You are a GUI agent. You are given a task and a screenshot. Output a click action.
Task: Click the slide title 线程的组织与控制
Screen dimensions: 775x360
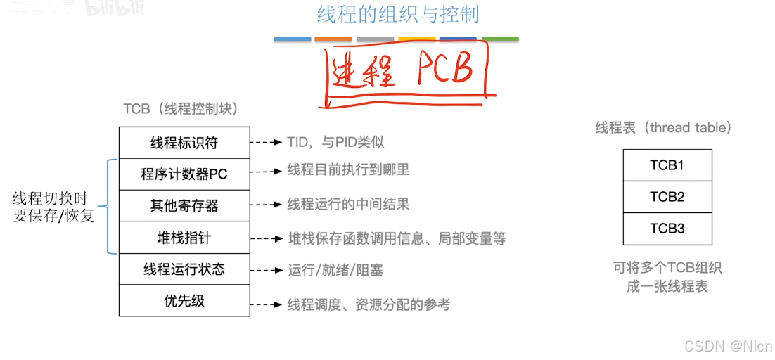[398, 15]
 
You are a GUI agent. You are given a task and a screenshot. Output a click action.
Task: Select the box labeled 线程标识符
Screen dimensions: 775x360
[184, 143]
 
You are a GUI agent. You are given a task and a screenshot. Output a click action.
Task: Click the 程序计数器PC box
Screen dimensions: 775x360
[184, 174]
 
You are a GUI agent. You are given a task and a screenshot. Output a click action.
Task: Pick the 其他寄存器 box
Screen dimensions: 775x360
[184, 205]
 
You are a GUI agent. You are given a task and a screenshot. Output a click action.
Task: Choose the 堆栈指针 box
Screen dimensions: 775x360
[184, 237]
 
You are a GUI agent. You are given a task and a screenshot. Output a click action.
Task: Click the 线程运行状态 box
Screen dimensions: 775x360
[184, 269]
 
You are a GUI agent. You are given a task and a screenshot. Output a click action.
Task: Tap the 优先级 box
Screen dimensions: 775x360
[184, 300]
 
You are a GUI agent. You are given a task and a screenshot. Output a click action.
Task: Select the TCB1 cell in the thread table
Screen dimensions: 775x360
[667, 165]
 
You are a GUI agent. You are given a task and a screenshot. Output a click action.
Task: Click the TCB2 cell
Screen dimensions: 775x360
[667, 197]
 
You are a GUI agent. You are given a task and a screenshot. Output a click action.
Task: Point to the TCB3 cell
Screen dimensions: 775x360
[667, 229]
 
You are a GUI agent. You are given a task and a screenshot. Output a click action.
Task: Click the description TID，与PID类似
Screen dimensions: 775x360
[335, 143]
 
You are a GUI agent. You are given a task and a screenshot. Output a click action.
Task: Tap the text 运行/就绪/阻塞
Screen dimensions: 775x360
[335, 270]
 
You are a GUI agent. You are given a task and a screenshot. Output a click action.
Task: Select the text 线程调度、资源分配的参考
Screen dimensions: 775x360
[369, 304]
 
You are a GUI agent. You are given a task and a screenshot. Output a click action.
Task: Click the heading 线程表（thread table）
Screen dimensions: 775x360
[664, 127]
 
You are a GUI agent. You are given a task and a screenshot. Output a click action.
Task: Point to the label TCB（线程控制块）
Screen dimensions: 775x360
[181, 109]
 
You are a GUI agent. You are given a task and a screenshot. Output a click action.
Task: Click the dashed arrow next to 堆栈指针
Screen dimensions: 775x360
[267, 238]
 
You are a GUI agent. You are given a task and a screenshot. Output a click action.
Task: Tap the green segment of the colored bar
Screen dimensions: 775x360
[501, 39]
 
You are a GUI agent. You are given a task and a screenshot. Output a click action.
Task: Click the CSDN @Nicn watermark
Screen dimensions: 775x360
[728, 346]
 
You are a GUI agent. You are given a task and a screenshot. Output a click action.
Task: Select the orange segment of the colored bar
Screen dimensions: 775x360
[333, 39]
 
